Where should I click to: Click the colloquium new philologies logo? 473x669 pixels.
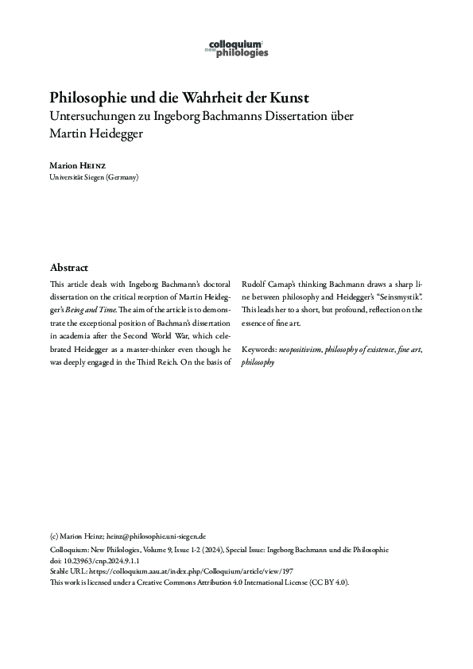(236, 48)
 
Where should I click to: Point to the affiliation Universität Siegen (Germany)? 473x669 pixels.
(94, 177)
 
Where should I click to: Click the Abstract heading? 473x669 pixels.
(68, 267)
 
